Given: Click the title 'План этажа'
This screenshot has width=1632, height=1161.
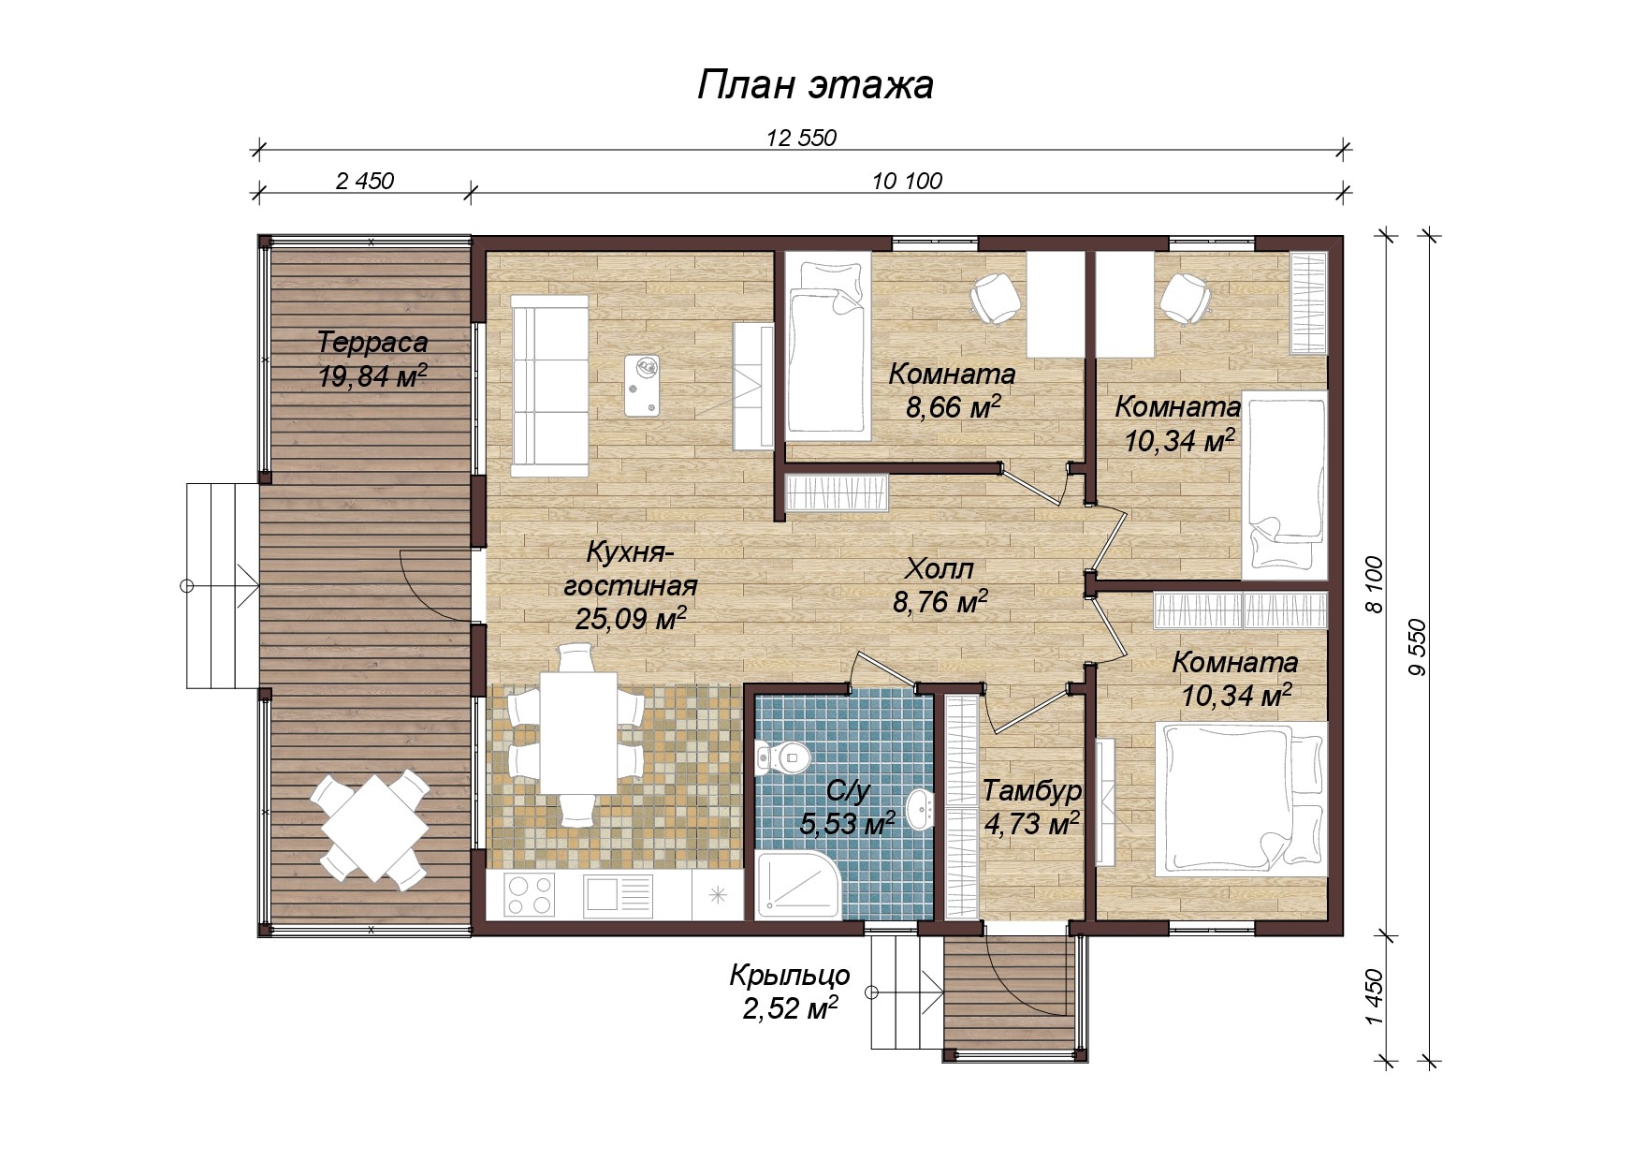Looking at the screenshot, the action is click(815, 84).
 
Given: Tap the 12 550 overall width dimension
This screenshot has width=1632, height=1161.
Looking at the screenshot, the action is click(801, 139).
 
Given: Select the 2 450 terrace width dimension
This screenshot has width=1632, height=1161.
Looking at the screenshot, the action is click(365, 181).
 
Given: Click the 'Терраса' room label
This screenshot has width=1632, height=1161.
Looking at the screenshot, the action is click(372, 343).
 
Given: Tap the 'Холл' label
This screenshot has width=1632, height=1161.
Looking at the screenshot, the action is click(940, 568).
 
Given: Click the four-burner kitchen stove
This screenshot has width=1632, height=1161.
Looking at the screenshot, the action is click(530, 893).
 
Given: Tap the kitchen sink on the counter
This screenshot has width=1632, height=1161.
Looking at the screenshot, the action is click(618, 895).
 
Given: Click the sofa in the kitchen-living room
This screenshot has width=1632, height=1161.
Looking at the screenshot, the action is click(549, 386).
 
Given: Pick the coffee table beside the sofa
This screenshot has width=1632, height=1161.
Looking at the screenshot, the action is click(643, 386).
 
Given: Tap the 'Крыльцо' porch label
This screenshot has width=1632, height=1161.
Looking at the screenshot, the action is click(790, 975).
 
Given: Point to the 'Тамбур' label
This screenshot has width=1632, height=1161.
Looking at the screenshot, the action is click(1032, 791).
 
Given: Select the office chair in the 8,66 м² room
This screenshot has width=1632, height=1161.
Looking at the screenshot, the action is click(995, 299).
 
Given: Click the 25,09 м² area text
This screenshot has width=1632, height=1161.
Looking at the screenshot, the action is click(631, 618).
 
